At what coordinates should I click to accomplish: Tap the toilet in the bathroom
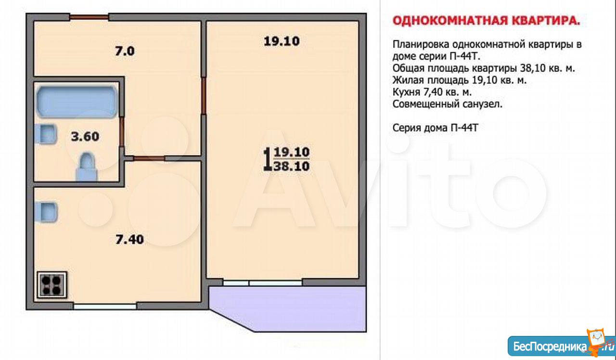point(87,167)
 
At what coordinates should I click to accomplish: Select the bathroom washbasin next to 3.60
point(46,134)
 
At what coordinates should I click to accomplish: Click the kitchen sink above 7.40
point(46,212)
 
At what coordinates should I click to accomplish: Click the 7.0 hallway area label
point(125,51)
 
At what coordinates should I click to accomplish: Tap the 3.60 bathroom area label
point(85,136)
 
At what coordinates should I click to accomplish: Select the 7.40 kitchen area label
point(129,240)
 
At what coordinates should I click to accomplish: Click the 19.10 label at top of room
point(282,41)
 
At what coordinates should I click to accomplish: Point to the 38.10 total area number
point(292,166)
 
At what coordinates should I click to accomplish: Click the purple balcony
point(288,308)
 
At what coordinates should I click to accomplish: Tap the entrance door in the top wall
point(89,17)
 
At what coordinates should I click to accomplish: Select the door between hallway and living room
point(204,96)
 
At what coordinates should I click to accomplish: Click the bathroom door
point(122,132)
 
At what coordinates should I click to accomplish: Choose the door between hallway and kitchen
point(149,158)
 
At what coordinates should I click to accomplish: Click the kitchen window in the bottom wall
point(105,306)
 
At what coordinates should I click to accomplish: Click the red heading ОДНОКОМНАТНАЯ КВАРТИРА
point(486,21)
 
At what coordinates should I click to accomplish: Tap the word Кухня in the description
point(406,92)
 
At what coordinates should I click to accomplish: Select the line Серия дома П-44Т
point(436,128)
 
